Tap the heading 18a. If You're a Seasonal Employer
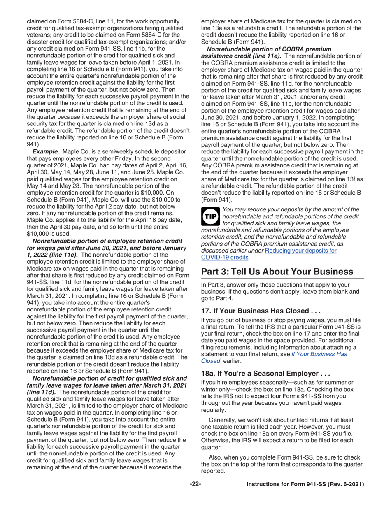265,374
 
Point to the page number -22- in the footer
195,484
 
